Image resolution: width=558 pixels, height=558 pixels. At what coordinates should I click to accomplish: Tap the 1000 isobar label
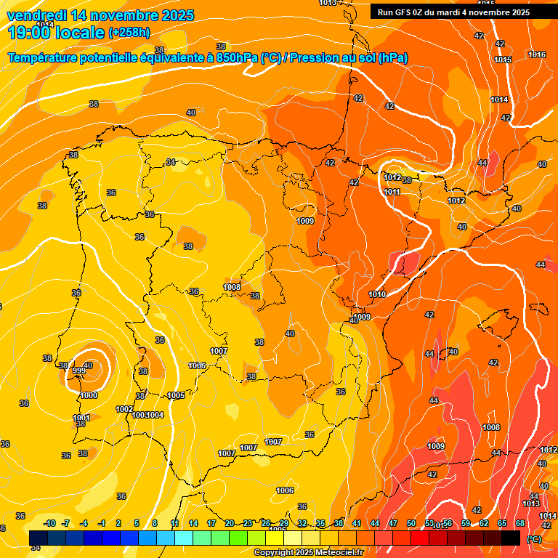(x=89, y=395)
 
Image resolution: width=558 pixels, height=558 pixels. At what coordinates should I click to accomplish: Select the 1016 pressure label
(x=537, y=54)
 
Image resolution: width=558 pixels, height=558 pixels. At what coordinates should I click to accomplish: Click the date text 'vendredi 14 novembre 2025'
(x=100, y=15)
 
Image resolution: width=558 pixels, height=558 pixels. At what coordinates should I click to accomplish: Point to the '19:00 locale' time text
(x=56, y=33)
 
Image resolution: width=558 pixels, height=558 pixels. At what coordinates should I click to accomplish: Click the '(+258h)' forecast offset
(x=129, y=33)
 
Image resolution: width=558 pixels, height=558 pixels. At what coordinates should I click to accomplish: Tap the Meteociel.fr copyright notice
(x=307, y=552)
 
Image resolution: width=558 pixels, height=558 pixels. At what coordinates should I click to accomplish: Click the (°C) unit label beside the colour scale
(x=533, y=539)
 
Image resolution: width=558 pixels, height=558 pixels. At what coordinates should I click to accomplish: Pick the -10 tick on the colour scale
(x=50, y=523)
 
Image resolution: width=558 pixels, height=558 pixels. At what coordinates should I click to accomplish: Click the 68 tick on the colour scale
(x=520, y=523)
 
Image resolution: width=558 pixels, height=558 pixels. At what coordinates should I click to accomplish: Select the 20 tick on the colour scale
(x=230, y=523)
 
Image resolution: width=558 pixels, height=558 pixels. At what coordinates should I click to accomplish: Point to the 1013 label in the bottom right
(x=530, y=504)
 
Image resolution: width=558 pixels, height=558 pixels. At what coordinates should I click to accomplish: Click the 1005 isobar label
(x=176, y=395)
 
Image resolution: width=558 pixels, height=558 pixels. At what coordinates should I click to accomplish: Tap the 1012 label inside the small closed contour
(x=392, y=177)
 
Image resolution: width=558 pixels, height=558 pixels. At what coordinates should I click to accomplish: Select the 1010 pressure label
(x=377, y=294)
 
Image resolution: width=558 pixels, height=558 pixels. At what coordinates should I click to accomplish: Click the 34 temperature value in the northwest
(x=171, y=162)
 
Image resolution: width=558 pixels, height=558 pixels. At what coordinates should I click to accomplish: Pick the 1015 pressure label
(x=503, y=60)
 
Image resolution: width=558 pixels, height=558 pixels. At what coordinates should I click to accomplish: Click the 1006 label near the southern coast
(x=285, y=490)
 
